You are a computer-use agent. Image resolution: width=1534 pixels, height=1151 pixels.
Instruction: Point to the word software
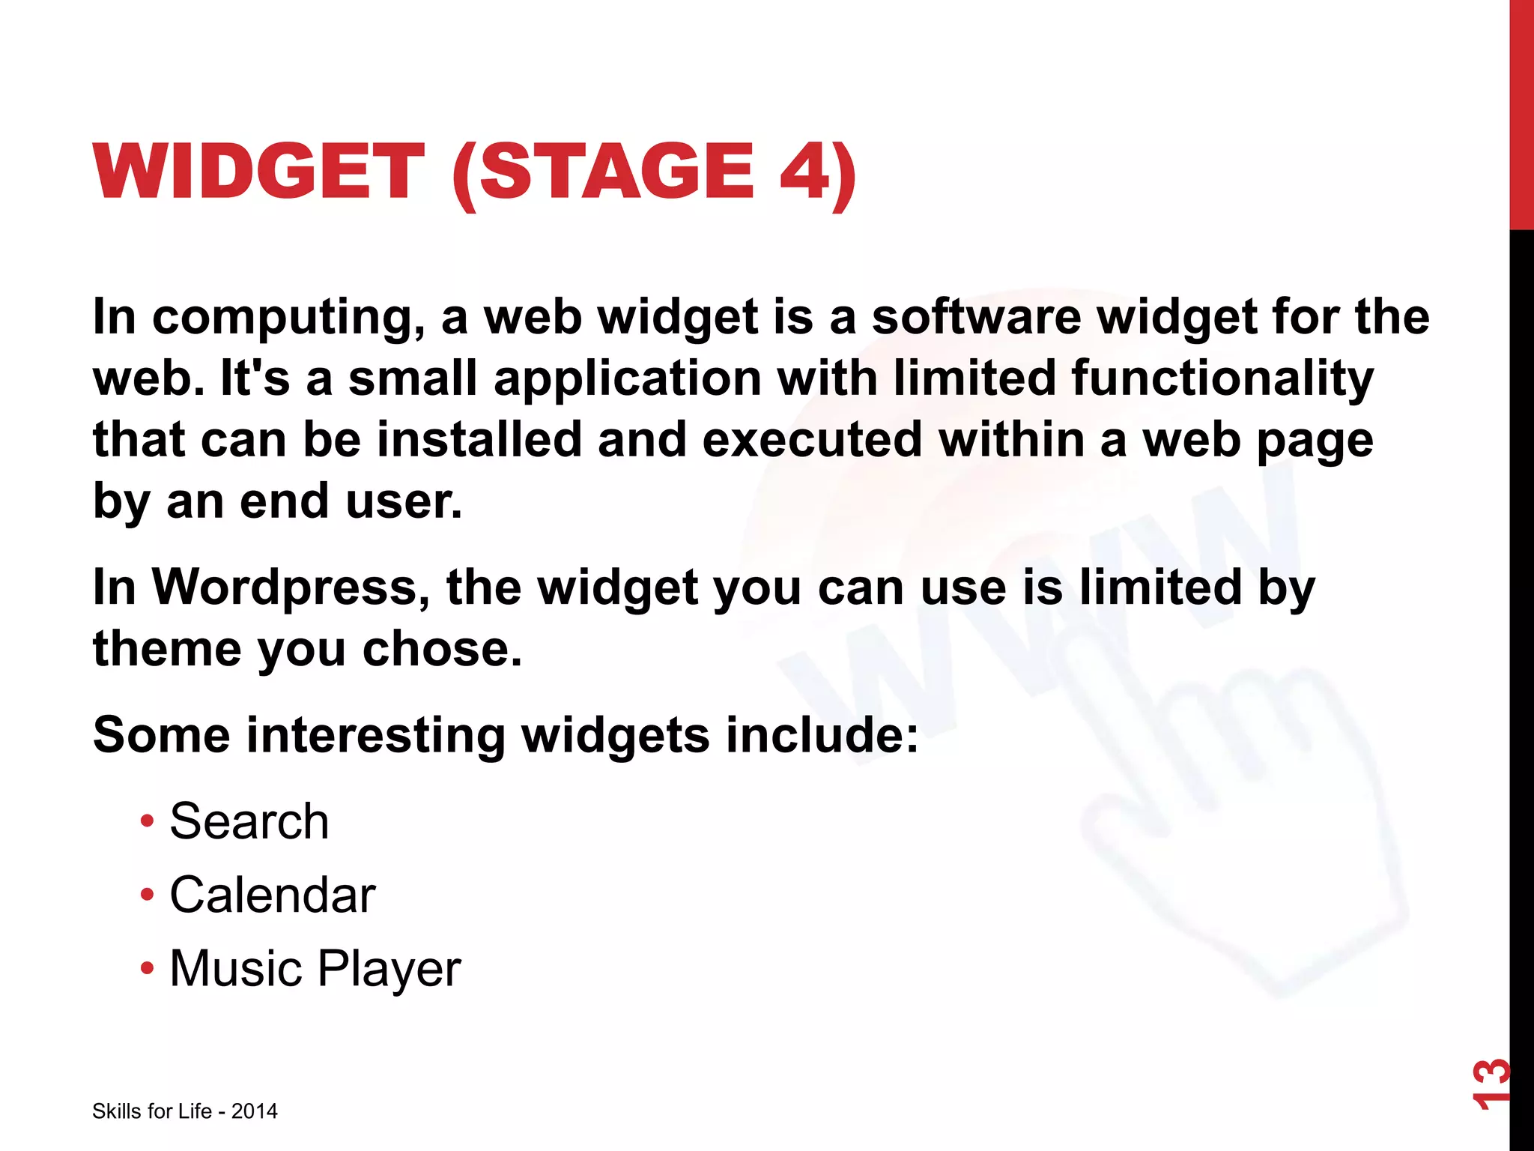[976, 316]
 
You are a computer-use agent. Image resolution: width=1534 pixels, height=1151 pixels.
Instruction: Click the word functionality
[1222, 378]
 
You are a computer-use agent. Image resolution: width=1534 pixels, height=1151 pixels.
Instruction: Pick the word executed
[812, 439]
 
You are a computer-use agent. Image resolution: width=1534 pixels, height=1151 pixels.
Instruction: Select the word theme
[166, 648]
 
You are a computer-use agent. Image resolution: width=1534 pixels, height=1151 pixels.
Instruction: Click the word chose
[442, 648]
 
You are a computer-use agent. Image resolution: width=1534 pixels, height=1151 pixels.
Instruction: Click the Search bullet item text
[249, 821]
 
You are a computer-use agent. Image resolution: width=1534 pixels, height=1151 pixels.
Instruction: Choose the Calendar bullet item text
[272, 895]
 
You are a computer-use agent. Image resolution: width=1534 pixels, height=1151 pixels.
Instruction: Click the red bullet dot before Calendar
[147, 895]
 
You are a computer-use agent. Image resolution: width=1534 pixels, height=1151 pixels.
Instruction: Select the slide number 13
[1491, 1083]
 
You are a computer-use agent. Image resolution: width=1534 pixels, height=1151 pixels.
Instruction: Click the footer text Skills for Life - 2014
[184, 1111]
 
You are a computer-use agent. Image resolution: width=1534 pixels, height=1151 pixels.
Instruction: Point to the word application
[628, 378]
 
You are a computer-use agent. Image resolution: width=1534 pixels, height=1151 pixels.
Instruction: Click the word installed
[479, 439]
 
